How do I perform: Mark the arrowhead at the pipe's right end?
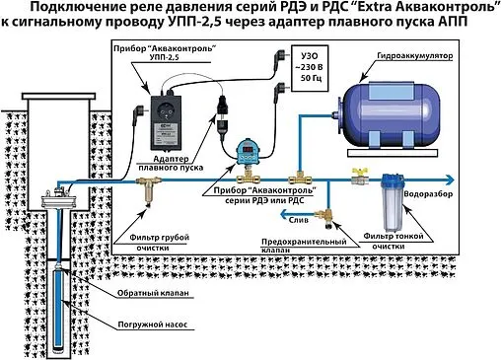pyautogui.click(x=449, y=180)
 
